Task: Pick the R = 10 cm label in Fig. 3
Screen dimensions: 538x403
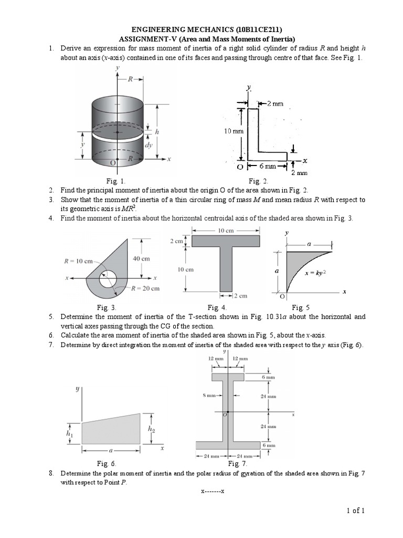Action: [x=78, y=261]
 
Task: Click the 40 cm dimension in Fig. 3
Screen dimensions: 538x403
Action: [x=141, y=258]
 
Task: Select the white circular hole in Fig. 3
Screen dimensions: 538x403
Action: [x=110, y=278]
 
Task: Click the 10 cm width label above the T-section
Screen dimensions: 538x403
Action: [x=225, y=230]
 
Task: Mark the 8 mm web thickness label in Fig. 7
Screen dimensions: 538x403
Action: [x=208, y=395]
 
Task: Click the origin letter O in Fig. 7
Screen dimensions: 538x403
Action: [x=224, y=415]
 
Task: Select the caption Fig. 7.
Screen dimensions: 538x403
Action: [x=237, y=464]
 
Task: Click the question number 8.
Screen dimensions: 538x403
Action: [x=51, y=473]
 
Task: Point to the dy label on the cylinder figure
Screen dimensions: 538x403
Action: [x=149, y=145]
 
